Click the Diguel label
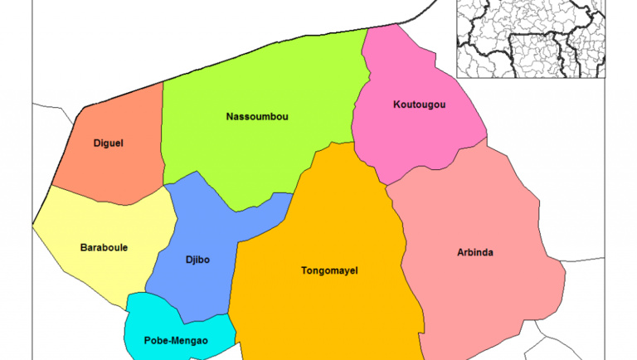click(x=109, y=143)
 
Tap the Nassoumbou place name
click(x=257, y=116)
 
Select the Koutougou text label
click(x=419, y=105)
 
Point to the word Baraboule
click(x=104, y=247)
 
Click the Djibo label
click(x=197, y=260)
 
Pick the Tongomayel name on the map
click(x=329, y=270)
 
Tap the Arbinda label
click(x=475, y=252)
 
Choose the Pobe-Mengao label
click(x=176, y=340)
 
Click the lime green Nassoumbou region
click(x=249, y=158)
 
